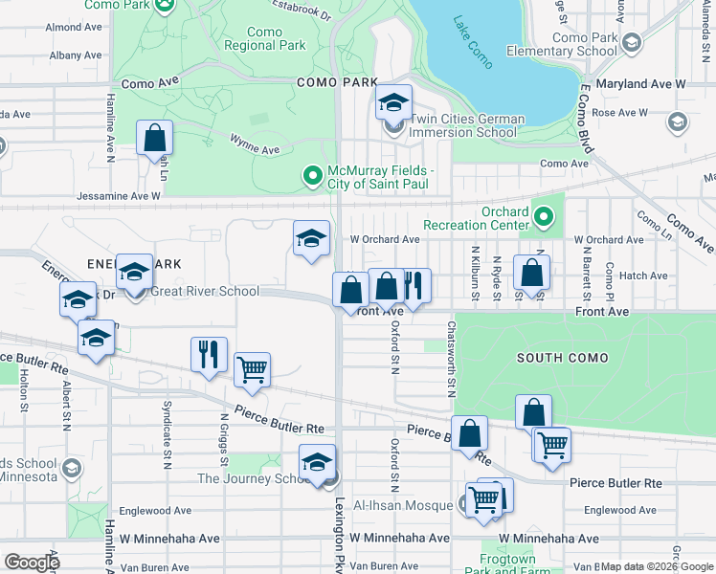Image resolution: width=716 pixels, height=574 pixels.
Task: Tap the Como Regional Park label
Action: (x=264, y=38)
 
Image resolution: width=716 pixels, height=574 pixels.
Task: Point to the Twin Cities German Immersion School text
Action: (x=467, y=125)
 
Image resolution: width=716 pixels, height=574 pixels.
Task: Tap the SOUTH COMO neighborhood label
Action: (x=562, y=358)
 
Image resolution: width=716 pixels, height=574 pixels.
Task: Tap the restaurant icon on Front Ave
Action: (x=414, y=284)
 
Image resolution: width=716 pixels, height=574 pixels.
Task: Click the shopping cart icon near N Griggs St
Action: (x=253, y=368)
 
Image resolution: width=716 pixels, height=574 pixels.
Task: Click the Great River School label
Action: (x=204, y=292)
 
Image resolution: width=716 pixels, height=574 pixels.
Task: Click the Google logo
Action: (x=32, y=562)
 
